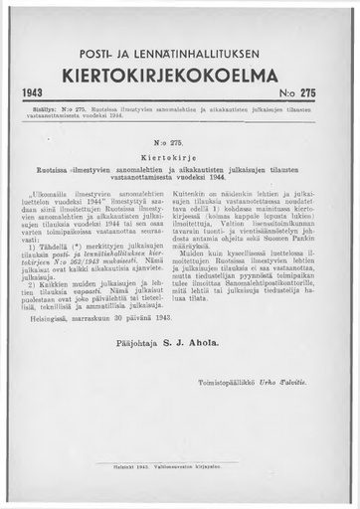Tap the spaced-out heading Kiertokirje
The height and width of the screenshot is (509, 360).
178,155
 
